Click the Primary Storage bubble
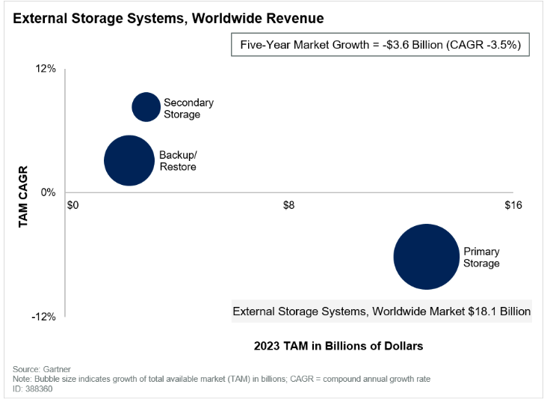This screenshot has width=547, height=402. [425, 257]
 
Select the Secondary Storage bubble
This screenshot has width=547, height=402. [146, 107]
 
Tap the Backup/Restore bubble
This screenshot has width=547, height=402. [130, 160]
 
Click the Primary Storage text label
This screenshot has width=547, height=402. [481, 258]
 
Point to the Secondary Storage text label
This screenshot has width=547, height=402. [188, 109]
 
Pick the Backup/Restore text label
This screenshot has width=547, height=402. [178, 161]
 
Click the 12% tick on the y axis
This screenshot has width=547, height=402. [46, 69]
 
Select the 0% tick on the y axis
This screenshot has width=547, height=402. [49, 192]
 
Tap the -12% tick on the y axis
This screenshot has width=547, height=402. [45, 317]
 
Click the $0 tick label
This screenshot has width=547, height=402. [73, 206]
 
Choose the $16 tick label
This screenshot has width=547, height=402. [513, 206]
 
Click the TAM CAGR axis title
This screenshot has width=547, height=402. [22, 196]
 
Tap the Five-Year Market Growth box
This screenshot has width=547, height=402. [385, 46]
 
